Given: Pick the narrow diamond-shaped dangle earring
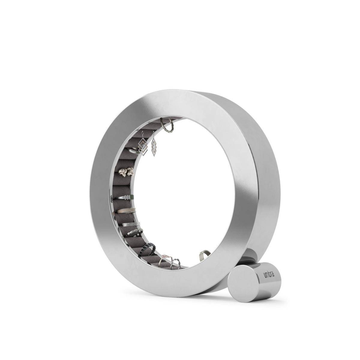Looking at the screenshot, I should point(154,147).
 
